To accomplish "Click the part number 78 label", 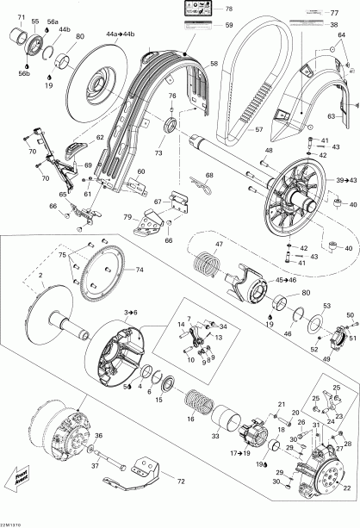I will click(x=228, y=9).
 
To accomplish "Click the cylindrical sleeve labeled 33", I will click(x=230, y=425).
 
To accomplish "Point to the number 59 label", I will click(x=229, y=26).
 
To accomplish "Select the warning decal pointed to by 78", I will click(x=192, y=12).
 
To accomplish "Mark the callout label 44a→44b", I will click(x=121, y=34).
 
